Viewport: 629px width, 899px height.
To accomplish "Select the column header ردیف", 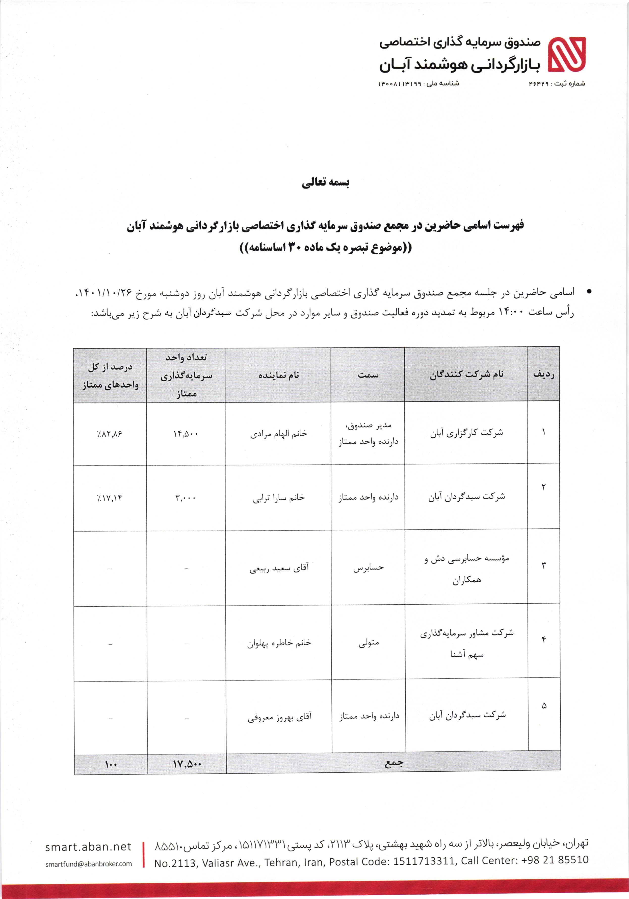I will click(x=543, y=374).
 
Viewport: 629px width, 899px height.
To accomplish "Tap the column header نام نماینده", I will click(x=278, y=375).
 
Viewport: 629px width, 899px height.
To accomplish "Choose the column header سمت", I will click(x=368, y=375).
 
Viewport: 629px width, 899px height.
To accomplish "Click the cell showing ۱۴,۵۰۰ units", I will click(x=186, y=434).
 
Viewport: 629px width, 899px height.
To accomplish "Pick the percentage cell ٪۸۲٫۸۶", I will click(x=110, y=434).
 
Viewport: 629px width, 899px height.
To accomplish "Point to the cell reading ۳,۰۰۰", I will click(x=186, y=498).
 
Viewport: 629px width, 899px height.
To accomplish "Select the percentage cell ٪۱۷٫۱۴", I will click(x=110, y=498).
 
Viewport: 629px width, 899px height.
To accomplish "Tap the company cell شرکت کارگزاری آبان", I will click(x=466, y=433).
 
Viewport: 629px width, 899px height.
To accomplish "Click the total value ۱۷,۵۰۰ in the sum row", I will click(x=187, y=764).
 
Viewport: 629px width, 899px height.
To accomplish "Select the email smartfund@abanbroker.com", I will click(x=88, y=864).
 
